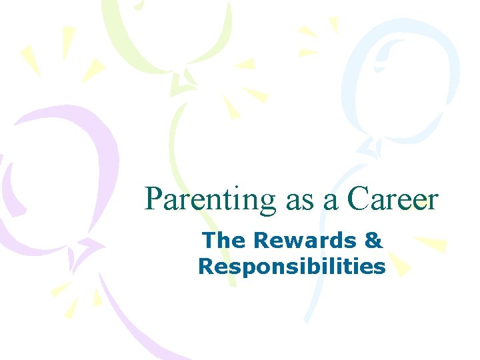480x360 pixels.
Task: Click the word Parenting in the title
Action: pos(210,199)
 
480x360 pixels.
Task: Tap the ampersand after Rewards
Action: pos(372,240)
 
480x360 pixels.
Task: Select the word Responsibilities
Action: pos(291,267)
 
